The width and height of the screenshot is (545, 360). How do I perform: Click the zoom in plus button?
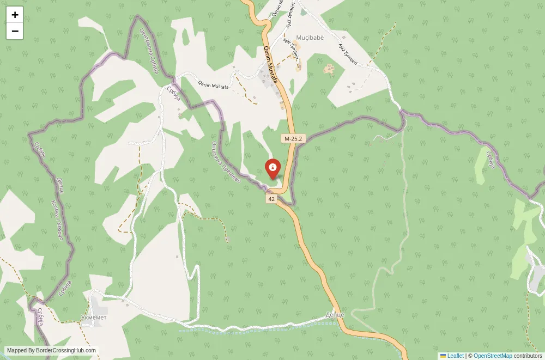[15, 15]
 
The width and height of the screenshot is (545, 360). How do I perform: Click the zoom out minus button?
[15, 32]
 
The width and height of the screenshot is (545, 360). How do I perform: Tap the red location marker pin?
[272, 168]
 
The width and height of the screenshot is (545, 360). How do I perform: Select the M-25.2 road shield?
[293, 139]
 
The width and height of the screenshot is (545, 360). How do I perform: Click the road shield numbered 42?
[271, 199]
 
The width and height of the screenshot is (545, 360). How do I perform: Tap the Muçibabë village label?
[310, 38]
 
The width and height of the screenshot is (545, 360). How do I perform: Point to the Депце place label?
[335, 315]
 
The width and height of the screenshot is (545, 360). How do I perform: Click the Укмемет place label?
[94, 318]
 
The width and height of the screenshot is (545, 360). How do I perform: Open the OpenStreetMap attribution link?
[493, 356]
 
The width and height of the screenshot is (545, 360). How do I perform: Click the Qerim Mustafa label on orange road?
[271, 64]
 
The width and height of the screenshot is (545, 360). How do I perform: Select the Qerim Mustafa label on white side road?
[214, 84]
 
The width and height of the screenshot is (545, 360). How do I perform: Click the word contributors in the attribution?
[528, 356]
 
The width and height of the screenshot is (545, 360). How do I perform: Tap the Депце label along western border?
[60, 186]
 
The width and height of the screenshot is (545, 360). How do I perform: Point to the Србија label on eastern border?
[489, 158]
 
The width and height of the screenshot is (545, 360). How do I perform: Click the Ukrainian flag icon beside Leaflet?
[443, 356]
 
